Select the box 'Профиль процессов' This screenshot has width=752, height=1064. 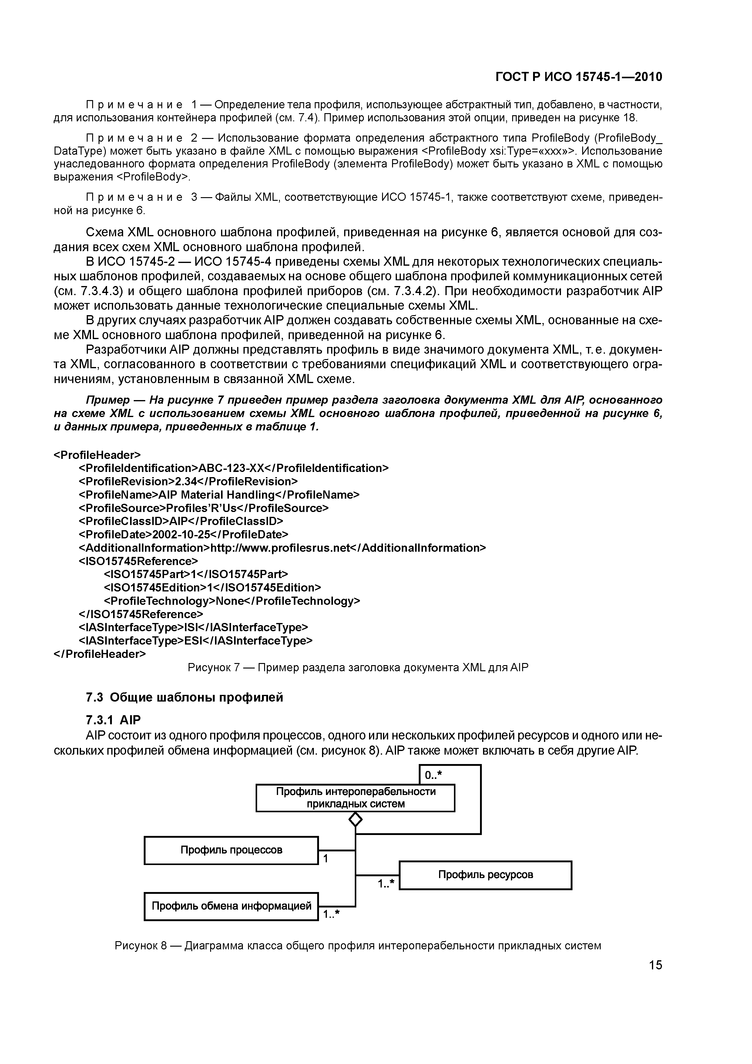[x=231, y=850]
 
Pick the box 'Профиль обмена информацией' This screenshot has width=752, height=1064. [x=231, y=906]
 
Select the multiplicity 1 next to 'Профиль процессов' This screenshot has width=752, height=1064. [x=326, y=859]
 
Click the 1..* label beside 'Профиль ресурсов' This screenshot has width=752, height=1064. [x=385, y=884]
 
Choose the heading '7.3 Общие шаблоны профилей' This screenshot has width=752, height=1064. [x=184, y=697]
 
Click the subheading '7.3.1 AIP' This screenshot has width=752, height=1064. [x=113, y=720]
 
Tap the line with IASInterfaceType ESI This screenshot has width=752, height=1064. [x=196, y=641]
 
